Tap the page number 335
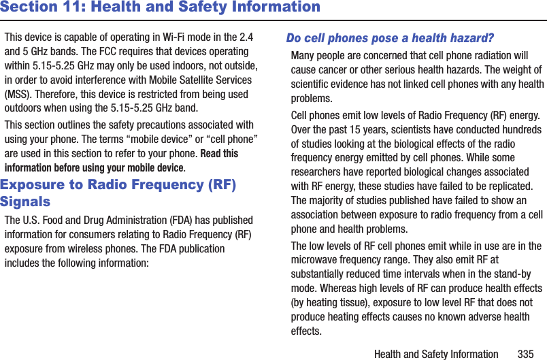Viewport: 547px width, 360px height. tap(525, 354)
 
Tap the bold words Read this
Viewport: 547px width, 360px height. tap(220, 154)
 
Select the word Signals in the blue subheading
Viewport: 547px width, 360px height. tap(25, 202)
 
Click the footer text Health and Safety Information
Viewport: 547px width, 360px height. tap(436, 354)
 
